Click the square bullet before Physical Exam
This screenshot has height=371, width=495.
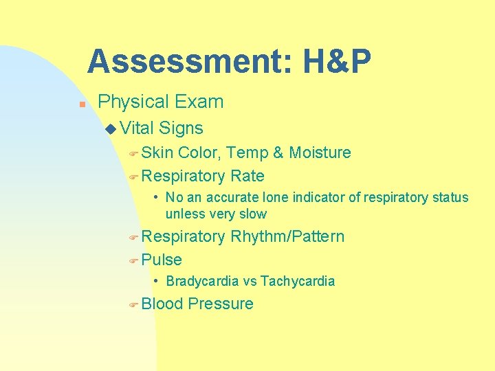[x=80, y=105]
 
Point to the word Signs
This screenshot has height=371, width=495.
[x=181, y=128]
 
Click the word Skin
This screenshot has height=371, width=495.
[x=157, y=153]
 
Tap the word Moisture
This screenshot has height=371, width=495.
[x=320, y=153]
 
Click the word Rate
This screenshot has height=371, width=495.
[x=247, y=176]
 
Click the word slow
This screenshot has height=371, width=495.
[x=251, y=214]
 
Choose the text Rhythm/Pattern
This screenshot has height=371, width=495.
[x=287, y=237]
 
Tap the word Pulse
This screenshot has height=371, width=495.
[x=162, y=260]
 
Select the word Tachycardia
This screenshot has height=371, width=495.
[x=298, y=281]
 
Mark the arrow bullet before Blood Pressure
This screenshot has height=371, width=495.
[x=133, y=304]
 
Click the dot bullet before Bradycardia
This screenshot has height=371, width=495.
[x=157, y=281]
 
